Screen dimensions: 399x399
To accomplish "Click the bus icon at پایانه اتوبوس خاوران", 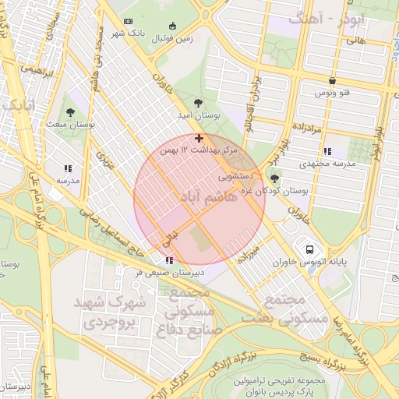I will tap(310, 250).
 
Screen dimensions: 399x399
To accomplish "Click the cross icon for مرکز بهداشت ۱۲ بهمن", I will tap(199, 138).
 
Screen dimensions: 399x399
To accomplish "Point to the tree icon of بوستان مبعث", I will tap(71, 113).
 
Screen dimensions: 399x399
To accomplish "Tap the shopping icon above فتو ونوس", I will tap(333, 81).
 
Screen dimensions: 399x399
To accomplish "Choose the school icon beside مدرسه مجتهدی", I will tap(327, 152).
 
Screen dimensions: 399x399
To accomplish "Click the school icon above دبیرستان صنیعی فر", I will tap(169, 260).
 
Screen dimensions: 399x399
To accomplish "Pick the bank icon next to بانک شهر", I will tap(129, 21).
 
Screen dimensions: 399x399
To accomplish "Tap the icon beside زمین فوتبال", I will tap(183, 24).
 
